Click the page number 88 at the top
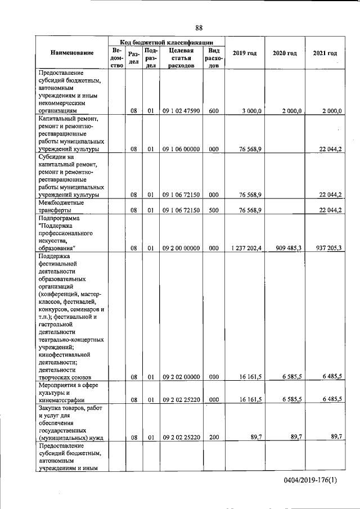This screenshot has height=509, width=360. coord(199,28)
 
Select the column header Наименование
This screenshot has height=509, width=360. coord(72,53)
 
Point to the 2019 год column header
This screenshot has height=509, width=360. coord(244,53)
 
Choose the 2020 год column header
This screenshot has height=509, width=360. coord(284,53)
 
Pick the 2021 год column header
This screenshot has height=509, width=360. coord(325,53)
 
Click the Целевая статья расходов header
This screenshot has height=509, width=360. coord(181,57)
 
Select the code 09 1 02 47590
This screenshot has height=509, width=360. coord(181,111)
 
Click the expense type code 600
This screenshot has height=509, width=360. coord(213,111)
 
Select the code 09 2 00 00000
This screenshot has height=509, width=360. coord(181,247)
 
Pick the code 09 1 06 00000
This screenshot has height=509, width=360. coord(181,150)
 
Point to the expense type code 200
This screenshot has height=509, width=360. coord(213,436)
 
